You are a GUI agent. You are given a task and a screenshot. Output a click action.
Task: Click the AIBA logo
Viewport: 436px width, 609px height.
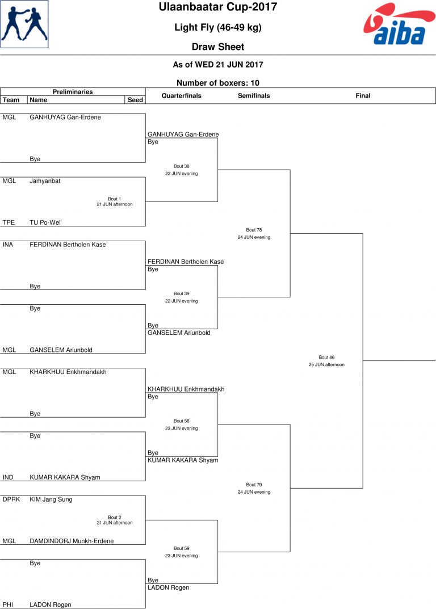pyautogui.click(x=400, y=24)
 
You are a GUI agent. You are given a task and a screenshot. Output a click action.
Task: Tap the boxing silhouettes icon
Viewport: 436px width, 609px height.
pyautogui.click(x=24, y=24)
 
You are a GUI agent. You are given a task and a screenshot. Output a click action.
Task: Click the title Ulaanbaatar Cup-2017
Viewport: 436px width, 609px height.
pyautogui.click(x=218, y=7)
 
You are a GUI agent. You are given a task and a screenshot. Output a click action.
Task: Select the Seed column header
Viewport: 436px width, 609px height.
pyautogui.click(x=135, y=100)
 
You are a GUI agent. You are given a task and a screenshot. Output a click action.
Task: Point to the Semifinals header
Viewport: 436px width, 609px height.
pyautogui.click(x=254, y=95)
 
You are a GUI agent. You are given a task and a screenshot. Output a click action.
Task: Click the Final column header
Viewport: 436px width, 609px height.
pyautogui.click(x=363, y=95)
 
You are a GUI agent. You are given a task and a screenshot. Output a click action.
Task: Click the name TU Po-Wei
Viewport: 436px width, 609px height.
pyautogui.click(x=45, y=222)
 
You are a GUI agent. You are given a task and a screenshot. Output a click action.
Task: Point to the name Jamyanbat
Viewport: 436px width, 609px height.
pyautogui.click(x=45, y=181)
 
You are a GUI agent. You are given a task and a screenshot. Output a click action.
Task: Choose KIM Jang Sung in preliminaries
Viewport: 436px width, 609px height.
pyautogui.click(x=51, y=499)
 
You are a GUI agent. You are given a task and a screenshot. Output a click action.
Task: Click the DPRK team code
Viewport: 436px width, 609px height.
pyautogui.click(x=11, y=499)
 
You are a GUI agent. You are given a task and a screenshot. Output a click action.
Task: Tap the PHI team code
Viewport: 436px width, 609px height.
pyautogui.click(x=8, y=604)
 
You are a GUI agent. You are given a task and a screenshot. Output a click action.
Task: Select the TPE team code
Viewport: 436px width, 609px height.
pyautogui.click(x=9, y=222)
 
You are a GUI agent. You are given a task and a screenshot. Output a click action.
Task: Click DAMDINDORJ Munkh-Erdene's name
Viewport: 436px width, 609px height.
pyautogui.click(x=72, y=541)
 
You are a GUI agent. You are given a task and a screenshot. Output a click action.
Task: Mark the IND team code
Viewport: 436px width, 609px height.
pyautogui.click(x=8, y=477)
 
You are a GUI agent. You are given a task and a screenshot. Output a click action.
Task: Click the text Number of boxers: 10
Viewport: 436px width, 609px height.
pyautogui.click(x=218, y=83)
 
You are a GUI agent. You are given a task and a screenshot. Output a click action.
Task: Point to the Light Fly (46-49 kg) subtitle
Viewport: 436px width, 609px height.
pyautogui.click(x=218, y=27)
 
